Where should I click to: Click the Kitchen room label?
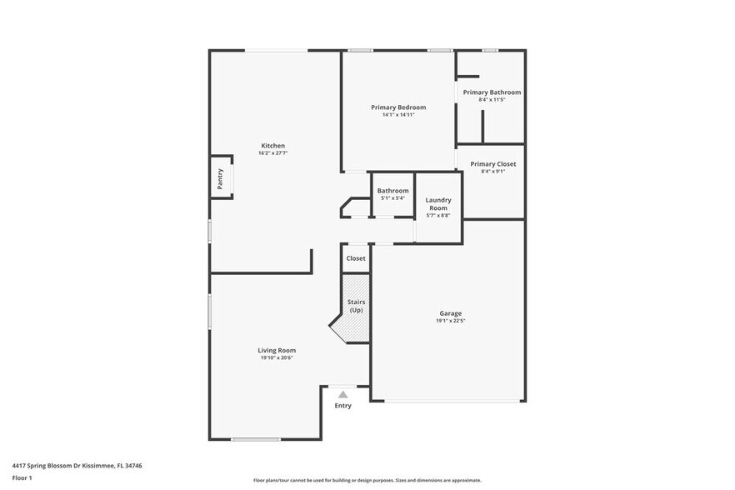tap(272, 146)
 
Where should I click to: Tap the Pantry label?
tap(220, 178)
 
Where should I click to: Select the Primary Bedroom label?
tap(398, 107)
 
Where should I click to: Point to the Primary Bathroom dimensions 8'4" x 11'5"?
tap(492, 100)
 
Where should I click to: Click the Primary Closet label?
tap(492, 164)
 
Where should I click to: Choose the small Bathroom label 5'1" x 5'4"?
tap(392, 191)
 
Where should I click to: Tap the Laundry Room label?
tap(438, 204)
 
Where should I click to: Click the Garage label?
tap(451, 313)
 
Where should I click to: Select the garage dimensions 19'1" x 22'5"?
tap(451, 321)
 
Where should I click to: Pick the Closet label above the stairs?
tap(356, 258)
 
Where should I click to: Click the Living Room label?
tap(277, 350)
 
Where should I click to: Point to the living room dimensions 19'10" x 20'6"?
tap(277, 358)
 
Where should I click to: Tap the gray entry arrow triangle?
tap(342, 394)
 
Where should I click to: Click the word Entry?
tap(342, 406)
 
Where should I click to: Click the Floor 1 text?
tap(22, 477)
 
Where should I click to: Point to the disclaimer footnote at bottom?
tap(367, 480)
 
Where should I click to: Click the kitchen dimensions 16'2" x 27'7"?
tap(272, 154)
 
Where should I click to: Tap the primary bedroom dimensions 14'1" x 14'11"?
tap(398, 115)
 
